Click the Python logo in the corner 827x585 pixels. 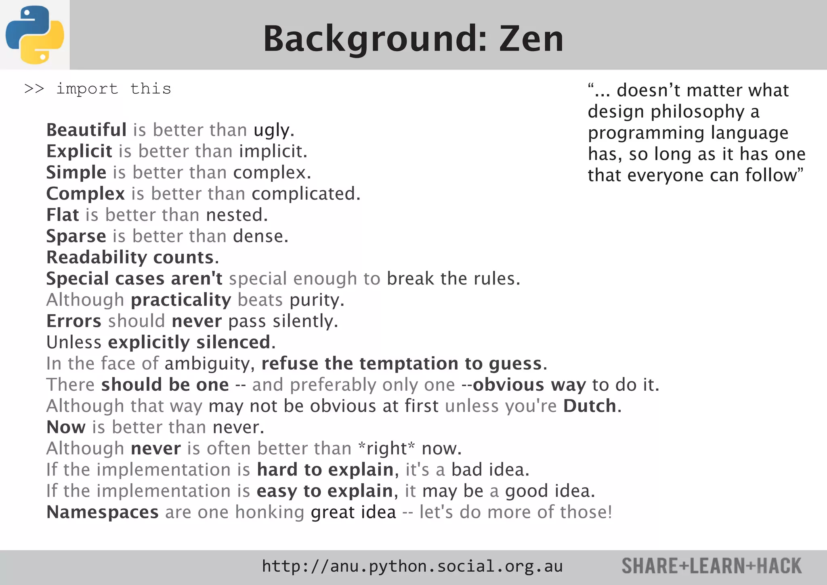tap(35, 35)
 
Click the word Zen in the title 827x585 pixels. tap(531, 39)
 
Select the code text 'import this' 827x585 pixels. tap(113, 89)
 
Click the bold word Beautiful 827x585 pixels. tap(86, 130)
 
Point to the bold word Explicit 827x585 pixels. tap(79, 152)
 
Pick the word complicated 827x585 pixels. tap(306, 194)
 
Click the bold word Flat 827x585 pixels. tap(63, 215)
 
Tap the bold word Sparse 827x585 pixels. tap(76, 236)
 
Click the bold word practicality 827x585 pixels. tap(181, 300)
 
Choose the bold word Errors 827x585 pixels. tap(73, 321)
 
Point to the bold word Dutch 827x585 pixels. tap(590, 406)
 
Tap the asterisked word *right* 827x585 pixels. tap(386, 448)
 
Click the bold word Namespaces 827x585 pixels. tap(102, 512)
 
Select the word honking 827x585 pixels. tap(269, 512)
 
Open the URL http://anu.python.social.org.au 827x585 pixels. tap(412, 566)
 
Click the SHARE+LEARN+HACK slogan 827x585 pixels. tap(712, 566)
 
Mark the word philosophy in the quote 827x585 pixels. tap(698, 112)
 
